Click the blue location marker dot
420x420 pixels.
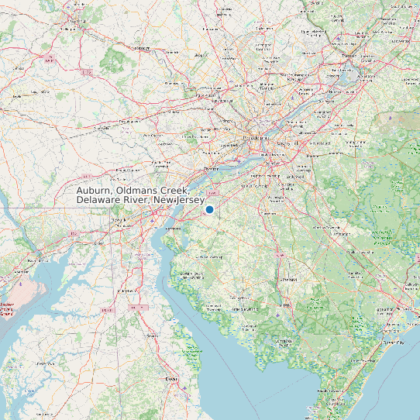[x=209, y=208]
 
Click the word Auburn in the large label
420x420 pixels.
[x=97, y=191]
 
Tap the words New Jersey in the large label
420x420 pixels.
[x=177, y=201]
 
